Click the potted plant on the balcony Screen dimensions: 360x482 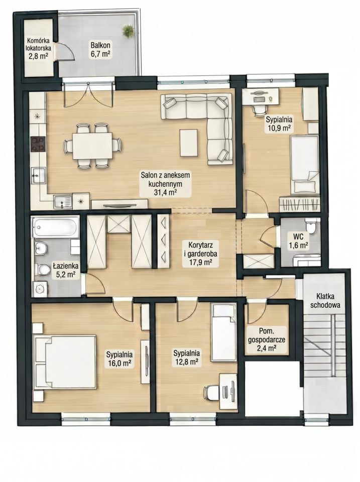pyautogui.click(x=128, y=31)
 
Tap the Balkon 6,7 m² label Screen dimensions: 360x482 pyautogui.click(x=100, y=49)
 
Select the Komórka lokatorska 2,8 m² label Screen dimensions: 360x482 pyautogui.click(x=39, y=48)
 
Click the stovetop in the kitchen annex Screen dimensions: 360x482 pyautogui.click(x=38, y=144)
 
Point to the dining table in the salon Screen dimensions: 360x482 pyautogui.click(x=92, y=146)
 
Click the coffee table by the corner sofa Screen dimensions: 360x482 pyautogui.click(x=189, y=142)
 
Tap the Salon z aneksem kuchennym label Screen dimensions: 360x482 pyautogui.click(x=165, y=184)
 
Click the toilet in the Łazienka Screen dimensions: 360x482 pyautogui.click(x=42, y=270)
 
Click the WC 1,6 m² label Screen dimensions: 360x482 pyautogui.click(x=298, y=240)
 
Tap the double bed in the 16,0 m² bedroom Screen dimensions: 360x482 pyautogui.click(x=65, y=363)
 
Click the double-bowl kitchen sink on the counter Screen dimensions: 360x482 pyautogui.click(x=63, y=202)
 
